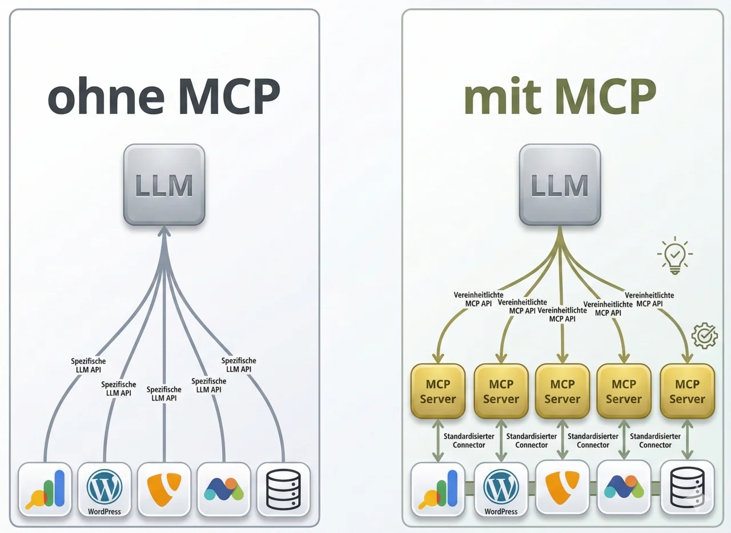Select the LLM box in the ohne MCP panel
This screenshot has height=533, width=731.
pos(164,185)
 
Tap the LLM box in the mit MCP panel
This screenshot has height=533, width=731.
pos(560,185)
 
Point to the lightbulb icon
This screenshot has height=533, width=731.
pos(674,255)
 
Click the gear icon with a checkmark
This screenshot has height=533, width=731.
pos(704,336)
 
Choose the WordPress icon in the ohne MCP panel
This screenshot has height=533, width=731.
pos(105,489)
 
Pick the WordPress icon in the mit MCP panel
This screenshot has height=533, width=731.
pos(501,489)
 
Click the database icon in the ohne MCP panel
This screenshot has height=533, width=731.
pos(283,489)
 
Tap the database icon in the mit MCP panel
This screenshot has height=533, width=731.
pos(687,489)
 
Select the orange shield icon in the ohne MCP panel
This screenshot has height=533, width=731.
pos(164,489)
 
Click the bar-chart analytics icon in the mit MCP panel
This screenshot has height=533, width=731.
pos(438,489)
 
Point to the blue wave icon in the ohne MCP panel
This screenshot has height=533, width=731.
pos(224,489)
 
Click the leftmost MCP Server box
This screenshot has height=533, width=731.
pos(438,391)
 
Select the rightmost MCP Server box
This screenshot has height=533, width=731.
pos(687,391)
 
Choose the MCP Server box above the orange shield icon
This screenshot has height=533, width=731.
pos(563,391)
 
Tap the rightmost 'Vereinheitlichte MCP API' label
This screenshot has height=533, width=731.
pos(649,299)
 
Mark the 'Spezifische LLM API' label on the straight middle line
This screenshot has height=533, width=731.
pos(164,393)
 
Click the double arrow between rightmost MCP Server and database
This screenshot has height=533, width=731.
pos(687,440)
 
